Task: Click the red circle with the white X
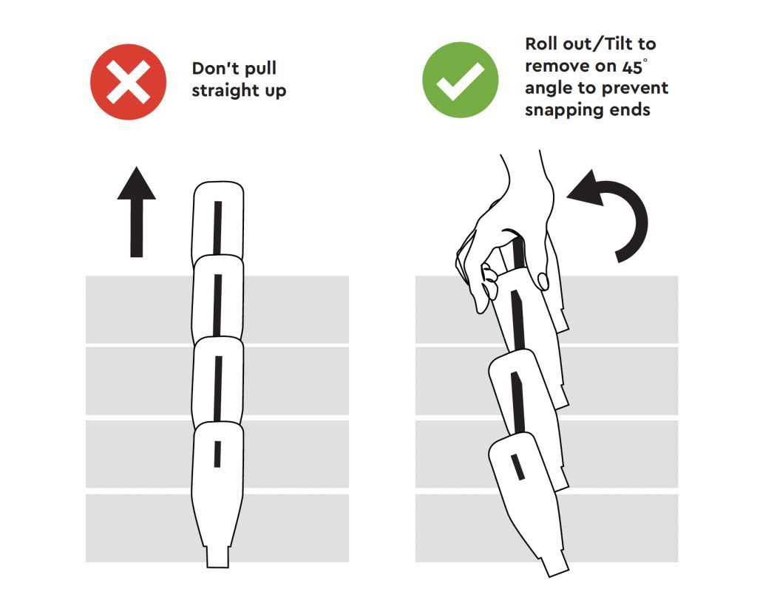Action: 129,81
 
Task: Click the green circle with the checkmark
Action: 460,81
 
